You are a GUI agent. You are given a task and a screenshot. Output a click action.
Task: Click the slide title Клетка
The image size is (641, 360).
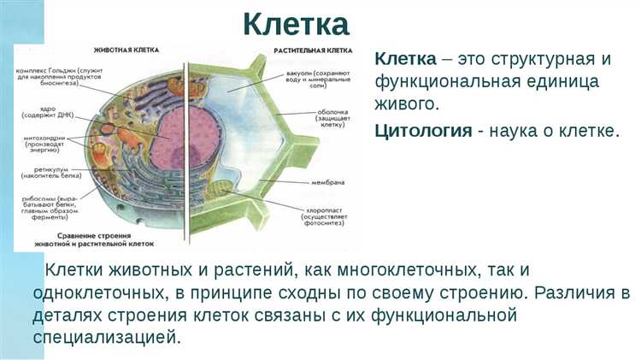[295, 23]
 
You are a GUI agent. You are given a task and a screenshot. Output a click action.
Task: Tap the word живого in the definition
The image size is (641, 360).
[406, 105]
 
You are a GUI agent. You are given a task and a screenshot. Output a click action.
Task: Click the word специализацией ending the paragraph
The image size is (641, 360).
[108, 336]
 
